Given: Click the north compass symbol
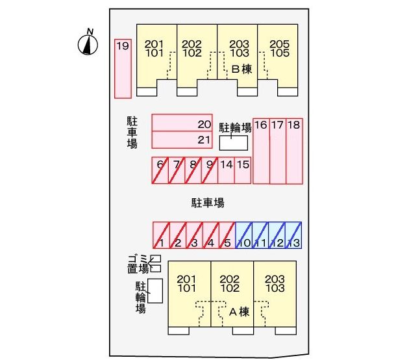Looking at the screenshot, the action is coord(88,43).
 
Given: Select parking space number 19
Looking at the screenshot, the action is coord(123,69).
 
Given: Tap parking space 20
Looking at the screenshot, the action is coord(182,123).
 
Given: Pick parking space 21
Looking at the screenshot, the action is coord(182,140).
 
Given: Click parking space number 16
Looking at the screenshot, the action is coord(261,151).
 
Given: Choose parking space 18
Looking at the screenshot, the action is coord(294,151).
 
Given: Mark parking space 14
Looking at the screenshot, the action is coord(227,170).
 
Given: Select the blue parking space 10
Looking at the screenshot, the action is coord(243,235).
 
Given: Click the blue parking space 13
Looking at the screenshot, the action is coord(293,235).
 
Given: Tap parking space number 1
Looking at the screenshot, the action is coord(161,235).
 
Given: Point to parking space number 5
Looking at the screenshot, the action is coord(227,235).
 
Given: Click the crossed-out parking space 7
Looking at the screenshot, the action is coord(177,170).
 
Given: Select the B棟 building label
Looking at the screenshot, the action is coord(241,69).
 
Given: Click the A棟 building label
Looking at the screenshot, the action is coord(240,312).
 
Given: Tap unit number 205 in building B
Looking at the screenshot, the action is coord(280,44).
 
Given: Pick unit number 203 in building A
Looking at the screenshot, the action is coord(275,279).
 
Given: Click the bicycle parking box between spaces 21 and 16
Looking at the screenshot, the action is coord(234,143).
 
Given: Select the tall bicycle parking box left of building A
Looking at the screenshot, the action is coord(155,291).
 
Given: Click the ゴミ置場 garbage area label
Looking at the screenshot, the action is coord(138,264).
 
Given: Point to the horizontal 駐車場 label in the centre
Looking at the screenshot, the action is coord(208,203).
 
